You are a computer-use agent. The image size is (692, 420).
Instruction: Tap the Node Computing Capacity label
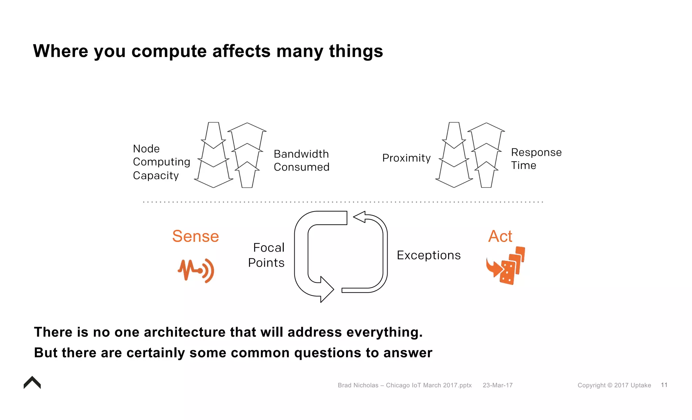(161, 162)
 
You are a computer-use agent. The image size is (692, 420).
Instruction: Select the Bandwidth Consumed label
(301, 160)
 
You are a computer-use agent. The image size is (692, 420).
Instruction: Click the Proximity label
(406, 158)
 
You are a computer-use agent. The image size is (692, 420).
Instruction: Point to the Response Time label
(536, 159)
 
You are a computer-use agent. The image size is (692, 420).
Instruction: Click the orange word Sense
(195, 236)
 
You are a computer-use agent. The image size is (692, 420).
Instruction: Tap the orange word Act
(500, 236)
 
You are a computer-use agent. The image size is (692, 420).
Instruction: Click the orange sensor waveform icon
(196, 270)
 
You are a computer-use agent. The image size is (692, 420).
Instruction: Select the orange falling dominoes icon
(506, 266)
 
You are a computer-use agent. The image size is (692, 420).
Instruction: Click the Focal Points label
(267, 255)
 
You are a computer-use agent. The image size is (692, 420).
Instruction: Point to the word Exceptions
(428, 255)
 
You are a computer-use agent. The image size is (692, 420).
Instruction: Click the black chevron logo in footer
(32, 383)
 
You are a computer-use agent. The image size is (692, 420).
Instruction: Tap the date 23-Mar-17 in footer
(497, 385)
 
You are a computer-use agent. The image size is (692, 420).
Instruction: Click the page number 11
(664, 385)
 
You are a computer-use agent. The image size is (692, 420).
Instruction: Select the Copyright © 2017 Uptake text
(614, 385)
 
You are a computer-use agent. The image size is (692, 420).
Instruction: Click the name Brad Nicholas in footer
(358, 385)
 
